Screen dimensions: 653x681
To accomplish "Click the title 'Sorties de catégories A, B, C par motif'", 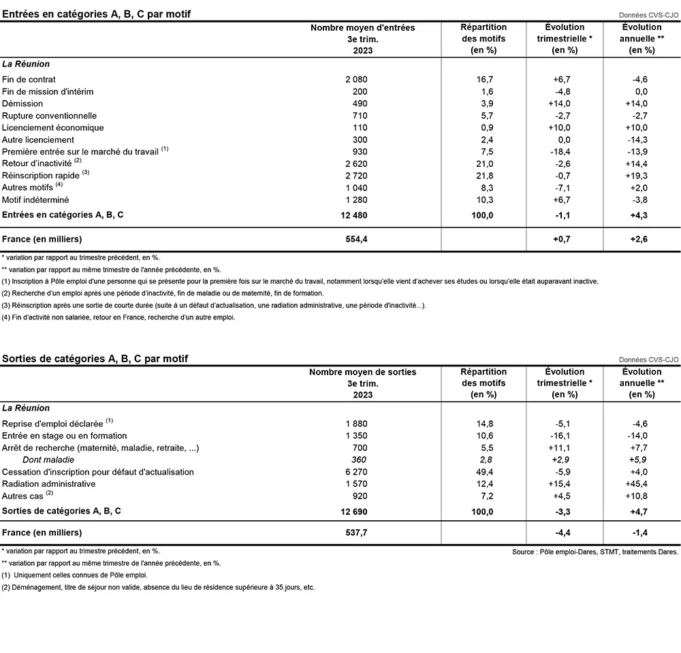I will coord(95,358).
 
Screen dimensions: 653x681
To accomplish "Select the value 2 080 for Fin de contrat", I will coord(356,80).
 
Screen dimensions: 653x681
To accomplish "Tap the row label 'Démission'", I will coord(22,103).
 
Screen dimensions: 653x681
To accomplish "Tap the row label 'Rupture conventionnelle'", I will coord(50,116).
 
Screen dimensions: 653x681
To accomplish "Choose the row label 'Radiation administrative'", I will coord(49,483).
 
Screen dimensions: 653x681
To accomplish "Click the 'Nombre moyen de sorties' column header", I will coord(362,372).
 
